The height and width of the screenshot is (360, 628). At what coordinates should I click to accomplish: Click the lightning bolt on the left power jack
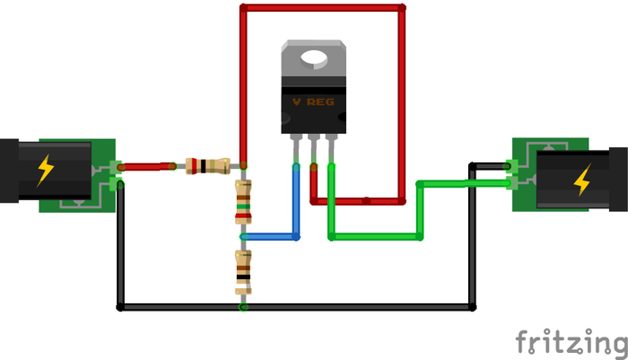(x=43, y=170)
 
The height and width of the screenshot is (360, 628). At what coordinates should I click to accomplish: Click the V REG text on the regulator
(x=312, y=102)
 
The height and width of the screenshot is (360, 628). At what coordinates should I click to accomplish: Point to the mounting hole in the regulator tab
(x=314, y=58)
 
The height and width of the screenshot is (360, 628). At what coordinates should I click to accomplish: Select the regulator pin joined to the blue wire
(x=294, y=148)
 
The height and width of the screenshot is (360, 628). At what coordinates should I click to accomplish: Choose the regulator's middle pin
(x=313, y=148)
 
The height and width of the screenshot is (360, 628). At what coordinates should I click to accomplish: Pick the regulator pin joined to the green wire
(x=331, y=148)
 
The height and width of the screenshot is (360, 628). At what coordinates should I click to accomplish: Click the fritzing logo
(x=571, y=343)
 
